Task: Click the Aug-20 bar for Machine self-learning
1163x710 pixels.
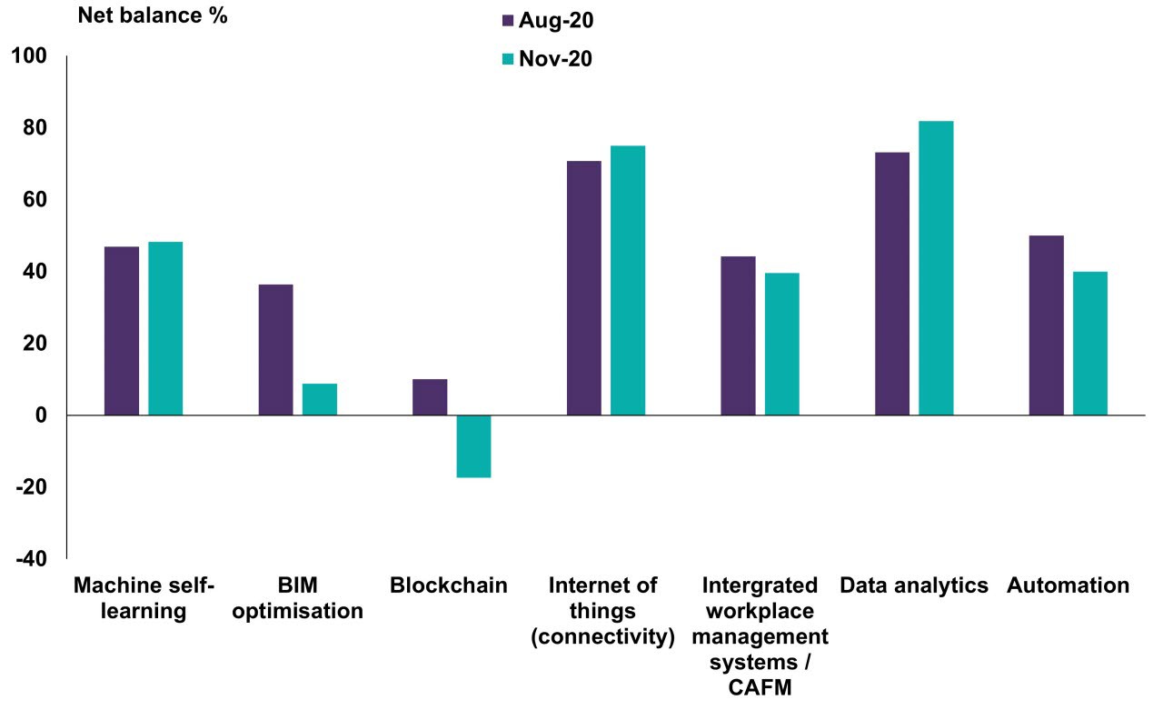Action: click(122, 331)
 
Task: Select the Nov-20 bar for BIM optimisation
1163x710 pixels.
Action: click(320, 399)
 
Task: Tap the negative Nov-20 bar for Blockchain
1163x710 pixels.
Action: click(473, 446)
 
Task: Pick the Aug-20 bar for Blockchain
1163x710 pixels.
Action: click(430, 397)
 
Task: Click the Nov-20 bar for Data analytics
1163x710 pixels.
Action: click(936, 268)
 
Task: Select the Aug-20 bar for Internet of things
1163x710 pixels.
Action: click(583, 288)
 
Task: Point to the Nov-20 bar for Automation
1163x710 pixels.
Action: click(1090, 344)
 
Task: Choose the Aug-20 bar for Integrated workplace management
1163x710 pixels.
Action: click(738, 335)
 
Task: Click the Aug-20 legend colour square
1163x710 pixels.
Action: click(508, 20)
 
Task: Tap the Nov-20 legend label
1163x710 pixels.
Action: click(555, 60)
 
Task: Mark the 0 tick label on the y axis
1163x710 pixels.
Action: click(41, 416)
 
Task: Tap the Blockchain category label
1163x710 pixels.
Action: click(449, 585)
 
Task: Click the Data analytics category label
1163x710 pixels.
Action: click(914, 585)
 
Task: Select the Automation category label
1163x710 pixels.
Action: click(1068, 585)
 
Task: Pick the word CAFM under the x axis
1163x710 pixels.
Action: click(761, 689)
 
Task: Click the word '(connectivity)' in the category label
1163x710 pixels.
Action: click(603, 637)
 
